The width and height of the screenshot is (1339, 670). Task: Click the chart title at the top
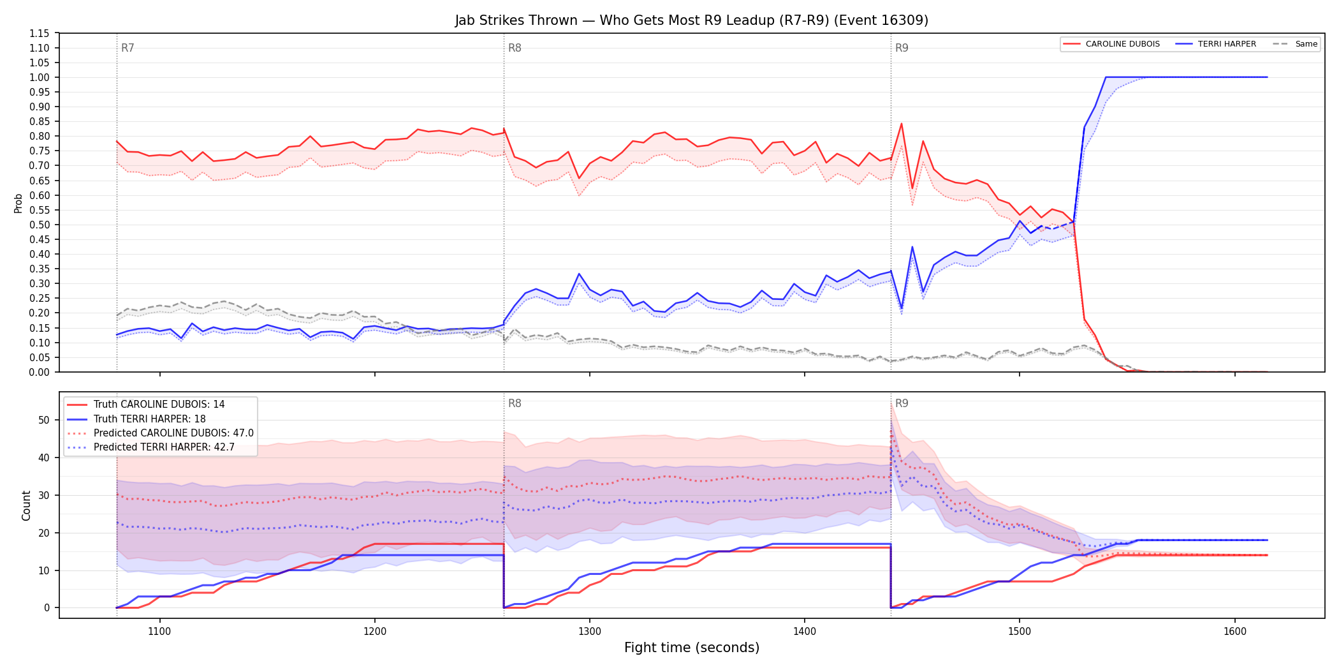(691, 20)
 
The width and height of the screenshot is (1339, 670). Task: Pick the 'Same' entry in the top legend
(1295, 44)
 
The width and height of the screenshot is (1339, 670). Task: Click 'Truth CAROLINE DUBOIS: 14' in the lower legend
(146, 405)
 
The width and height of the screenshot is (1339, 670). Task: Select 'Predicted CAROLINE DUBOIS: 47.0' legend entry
(161, 433)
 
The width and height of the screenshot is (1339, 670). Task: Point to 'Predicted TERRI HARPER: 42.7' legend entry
(151, 447)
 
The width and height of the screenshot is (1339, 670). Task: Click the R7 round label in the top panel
(128, 48)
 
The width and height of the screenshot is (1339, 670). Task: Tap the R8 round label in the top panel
(515, 48)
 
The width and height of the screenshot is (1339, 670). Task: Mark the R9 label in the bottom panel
(902, 403)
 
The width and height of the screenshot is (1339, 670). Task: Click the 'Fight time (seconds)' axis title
(692, 648)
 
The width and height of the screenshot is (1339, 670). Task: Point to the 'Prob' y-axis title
(18, 203)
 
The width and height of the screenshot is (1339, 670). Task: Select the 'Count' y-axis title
(26, 505)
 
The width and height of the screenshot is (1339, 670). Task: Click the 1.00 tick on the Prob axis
(40, 77)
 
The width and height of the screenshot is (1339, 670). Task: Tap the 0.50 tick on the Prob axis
(40, 225)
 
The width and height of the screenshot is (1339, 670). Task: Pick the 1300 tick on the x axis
(589, 632)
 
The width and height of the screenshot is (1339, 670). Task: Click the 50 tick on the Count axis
(44, 420)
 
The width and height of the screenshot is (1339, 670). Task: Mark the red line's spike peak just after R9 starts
(902, 124)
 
